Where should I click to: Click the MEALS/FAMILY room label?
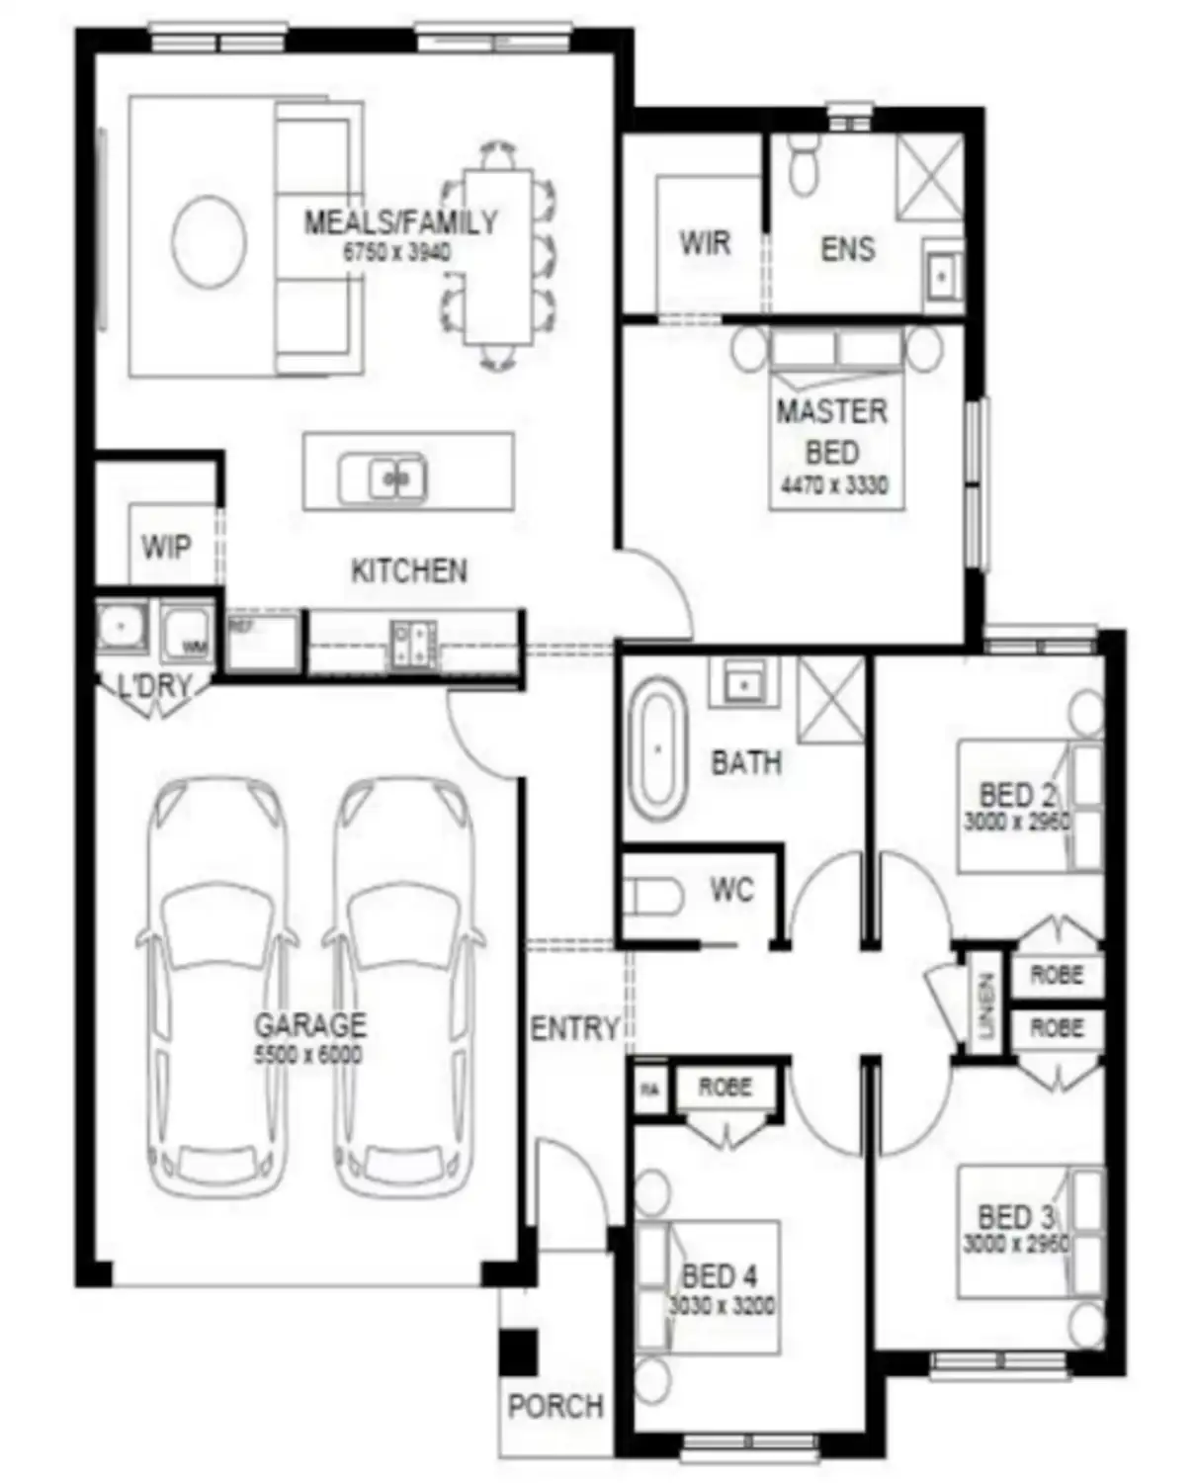[400, 221]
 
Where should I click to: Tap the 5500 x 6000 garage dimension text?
[308, 1055]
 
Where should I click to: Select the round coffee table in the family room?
[209, 241]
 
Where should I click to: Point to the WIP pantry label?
[166, 547]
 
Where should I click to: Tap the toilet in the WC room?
[653, 897]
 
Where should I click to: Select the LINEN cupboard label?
[985, 1005]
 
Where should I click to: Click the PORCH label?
[555, 1406]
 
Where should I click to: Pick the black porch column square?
[518, 1352]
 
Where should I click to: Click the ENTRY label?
[574, 1028]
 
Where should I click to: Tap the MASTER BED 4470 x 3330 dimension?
[834, 485]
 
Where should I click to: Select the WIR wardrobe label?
[705, 242]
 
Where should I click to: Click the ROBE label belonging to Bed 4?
[725, 1087]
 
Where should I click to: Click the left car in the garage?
[217, 989]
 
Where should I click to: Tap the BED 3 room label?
[1016, 1216]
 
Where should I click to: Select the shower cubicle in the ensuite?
[929, 175]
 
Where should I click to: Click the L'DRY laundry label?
[153, 685]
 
